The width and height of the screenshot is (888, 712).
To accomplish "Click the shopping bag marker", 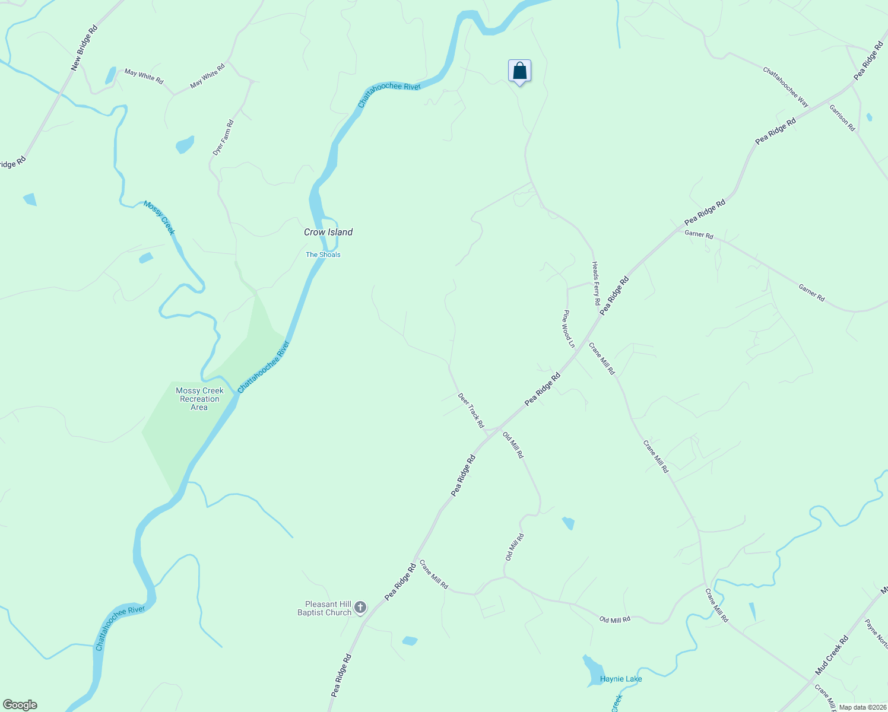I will pos(519,71).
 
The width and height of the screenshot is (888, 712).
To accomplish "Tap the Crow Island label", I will pos(328,232).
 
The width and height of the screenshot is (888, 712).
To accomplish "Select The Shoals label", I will pos(323,255).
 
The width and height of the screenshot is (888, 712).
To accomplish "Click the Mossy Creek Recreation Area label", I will pos(199,399).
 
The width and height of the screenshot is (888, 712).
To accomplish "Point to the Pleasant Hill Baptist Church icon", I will pos(360,607).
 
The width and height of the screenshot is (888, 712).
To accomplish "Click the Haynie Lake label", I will pos(621,679).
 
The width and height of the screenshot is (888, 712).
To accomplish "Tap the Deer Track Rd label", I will pos(471,410).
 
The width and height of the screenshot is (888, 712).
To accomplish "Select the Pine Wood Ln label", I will pos(569,329).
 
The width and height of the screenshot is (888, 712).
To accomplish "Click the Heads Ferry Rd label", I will pos(596,284).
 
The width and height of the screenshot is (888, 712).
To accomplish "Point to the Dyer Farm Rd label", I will pos(223,138).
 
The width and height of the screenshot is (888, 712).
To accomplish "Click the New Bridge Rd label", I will pos(84,48).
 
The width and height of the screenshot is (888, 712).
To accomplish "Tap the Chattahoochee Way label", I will pos(785,87).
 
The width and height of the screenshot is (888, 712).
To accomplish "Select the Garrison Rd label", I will pos(842,117).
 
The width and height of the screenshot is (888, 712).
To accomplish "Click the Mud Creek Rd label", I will pos(832,655).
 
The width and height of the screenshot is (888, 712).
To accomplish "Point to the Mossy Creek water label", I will pos(159,218).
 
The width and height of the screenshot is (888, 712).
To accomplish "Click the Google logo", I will pos(20,705).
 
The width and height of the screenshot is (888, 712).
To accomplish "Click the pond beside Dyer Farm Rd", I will pos(185,144).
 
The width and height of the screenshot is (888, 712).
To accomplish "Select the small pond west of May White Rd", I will pos(110,75).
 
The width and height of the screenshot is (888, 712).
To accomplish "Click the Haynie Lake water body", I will pos(592,669).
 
